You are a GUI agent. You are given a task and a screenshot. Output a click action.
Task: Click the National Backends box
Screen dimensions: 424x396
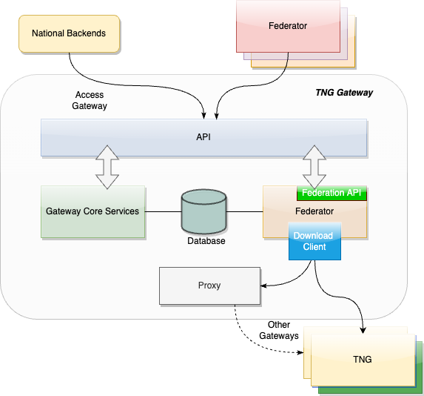pyautogui.click(x=70, y=33)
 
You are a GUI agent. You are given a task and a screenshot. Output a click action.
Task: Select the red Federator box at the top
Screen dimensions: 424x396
pyautogui.click(x=288, y=26)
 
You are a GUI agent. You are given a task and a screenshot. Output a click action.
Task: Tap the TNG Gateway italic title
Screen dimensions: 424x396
pyautogui.click(x=344, y=93)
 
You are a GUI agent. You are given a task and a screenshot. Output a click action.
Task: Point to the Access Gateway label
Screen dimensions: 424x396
pyautogui.click(x=90, y=100)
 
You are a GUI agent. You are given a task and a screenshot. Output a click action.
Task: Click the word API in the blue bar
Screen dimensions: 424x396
pyautogui.click(x=203, y=137)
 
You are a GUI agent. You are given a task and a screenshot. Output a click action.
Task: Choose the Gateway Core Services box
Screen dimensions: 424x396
pyautogui.click(x=92, y=211)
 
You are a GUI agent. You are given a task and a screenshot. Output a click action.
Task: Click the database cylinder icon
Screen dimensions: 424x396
pyautogui.click(x=203, y=211)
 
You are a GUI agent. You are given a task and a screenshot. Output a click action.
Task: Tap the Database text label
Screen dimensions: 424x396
pyautogui.click(x=206, y=241)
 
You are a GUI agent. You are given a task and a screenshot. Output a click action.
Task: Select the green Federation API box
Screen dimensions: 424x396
pyautogui.click(x=332, y=193)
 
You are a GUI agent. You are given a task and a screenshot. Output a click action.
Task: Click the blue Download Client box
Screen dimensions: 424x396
pyautogui.click(x=314, y=241)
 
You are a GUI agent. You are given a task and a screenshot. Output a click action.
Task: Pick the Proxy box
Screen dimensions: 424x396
pyautogui.click(x=209, y=286)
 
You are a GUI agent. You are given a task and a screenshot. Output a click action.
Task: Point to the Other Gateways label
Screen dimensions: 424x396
pyautogui.click(x=279, y=330)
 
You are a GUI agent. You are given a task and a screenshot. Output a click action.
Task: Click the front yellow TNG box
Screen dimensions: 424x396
pyautogui.click(x=363, y=360)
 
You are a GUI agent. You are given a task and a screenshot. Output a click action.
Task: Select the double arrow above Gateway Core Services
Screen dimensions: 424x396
pyautogui.click(x=107, y=167)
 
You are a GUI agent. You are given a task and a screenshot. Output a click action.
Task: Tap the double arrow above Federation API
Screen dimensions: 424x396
pyautogui.click(x=314, y=167)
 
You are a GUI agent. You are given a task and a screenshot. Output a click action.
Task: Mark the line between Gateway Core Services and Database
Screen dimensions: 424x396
pyautogui.click(x=163, y=211)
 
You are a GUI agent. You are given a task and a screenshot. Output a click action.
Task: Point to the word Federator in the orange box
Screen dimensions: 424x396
pyautogui.click(x=314, y=211)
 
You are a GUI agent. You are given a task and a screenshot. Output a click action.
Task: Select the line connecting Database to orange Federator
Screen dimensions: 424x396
pyautogui.click(x=244, y=211)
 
